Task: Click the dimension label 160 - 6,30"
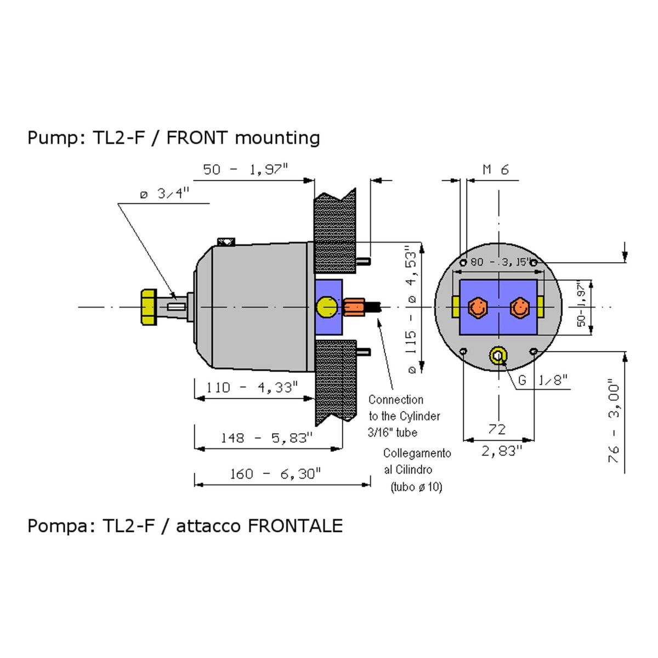click(275, 474)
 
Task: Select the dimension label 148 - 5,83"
click(266, 438)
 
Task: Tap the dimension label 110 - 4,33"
click(252, 388)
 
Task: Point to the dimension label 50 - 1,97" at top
click(246, 169)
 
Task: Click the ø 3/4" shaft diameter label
click(164, 194)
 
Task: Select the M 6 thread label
click(496, 170)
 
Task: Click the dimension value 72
click(497, 429)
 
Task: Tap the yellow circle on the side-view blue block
click(327, 307)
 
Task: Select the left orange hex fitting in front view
click(477, 308)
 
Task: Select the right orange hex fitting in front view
click(519, 308)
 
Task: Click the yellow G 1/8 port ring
click(498, 355)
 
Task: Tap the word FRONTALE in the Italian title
click(295, 526)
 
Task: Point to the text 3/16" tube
click(393, 433)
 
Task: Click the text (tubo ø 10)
click(416, 487)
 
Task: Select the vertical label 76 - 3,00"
click(614, 423)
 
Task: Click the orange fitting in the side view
click(354, 307)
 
